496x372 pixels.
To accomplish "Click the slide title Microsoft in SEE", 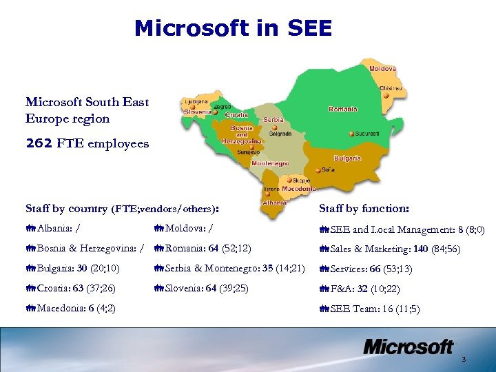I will pyautogui.click(x=234, y=28).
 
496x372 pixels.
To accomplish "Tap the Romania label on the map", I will pyautogui.click(x=342, y=109).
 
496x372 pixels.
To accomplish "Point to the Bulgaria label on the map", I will pyautogui.click(x=347, y=158).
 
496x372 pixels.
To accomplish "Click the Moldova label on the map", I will pyautogui.click(x=382, y=69).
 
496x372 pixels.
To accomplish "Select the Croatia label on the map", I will pyautogui.click(x=236, y=115).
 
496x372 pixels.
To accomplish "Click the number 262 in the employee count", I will pyautogui.click(x=38, y=144).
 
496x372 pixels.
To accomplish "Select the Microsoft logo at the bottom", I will pyautogui.click(x=408, y=347).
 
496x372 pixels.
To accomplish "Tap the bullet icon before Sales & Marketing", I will pyautogui.click(x=324, y=249).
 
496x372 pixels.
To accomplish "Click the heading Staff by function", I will pyautogui.click(x=364, y=208).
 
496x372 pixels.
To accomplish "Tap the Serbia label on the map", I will pyautogui.click(x=273, y=119).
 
